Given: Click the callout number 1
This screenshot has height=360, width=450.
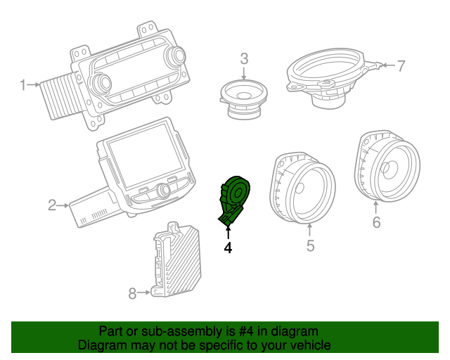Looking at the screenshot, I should (x=22, y=85).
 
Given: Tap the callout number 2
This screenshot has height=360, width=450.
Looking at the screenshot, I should (x=52, y=205).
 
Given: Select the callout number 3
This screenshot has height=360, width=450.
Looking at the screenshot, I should (x=244, y=58).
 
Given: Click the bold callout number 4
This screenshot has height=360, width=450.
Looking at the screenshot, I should (x=227, y=247).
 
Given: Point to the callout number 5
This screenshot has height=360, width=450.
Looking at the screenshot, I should (x=310, y=245).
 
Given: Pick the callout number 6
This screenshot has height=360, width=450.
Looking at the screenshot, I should (x=376, y=223).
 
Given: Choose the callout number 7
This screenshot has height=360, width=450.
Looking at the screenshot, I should (x=401, y=66).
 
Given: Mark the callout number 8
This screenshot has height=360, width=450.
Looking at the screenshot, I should (x=132, y=293).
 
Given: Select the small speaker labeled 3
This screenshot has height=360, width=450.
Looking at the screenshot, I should (x=243, y=96).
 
